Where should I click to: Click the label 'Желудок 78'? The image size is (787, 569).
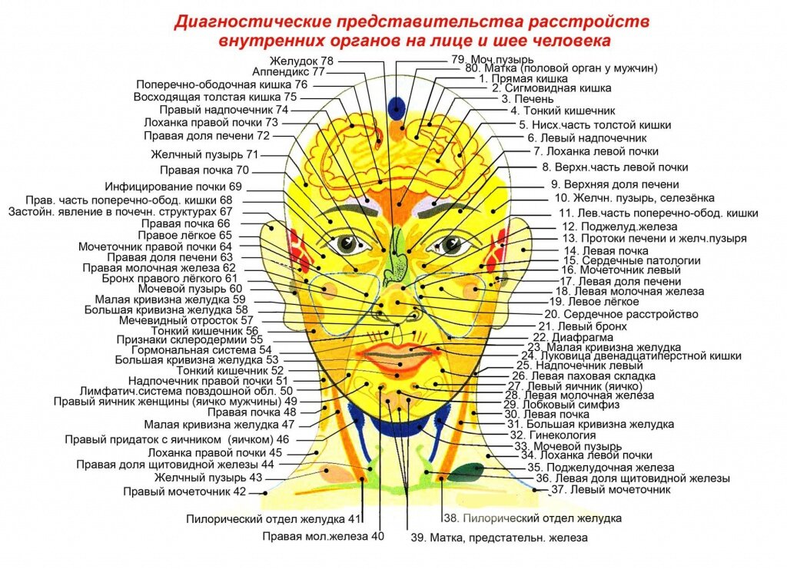(x=301, y=61)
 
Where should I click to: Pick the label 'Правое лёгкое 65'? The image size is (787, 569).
(x=187, y=235)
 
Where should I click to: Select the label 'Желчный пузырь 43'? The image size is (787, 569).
(x=208, y=478)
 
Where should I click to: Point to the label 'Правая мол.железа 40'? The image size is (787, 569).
(x=323, y=536)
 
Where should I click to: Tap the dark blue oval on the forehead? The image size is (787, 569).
(x=396, y=106)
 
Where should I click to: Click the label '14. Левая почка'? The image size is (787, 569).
(x=606, y=250)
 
